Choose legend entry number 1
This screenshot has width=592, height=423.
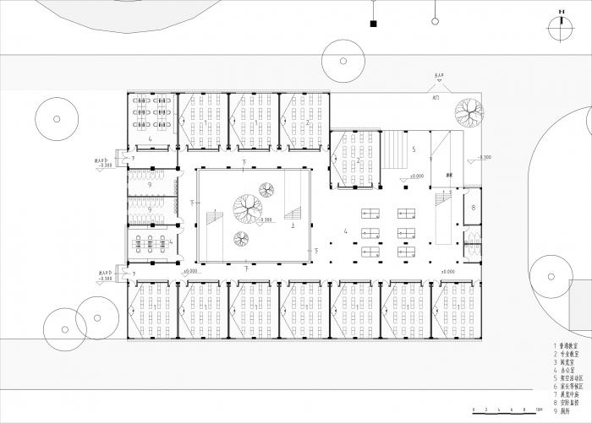point(567,346)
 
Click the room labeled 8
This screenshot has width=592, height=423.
point(473,208)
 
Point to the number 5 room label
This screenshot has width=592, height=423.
point(414,149)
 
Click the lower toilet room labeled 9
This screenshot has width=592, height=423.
point(151,211)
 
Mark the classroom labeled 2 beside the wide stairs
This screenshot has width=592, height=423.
point(354,160)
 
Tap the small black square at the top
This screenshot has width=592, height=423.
point(372,24)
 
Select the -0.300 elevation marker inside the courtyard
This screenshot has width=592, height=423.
point(265,220)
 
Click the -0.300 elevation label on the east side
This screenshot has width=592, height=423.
point(483,158)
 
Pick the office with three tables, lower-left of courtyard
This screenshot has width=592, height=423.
point(151,243)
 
